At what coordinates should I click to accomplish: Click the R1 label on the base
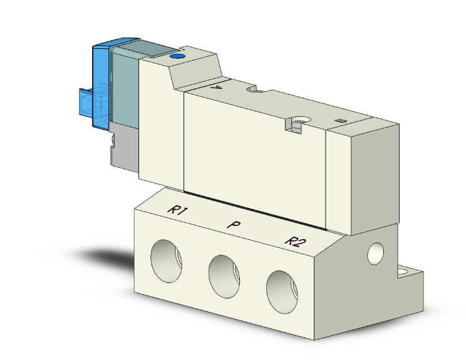coord(178,211)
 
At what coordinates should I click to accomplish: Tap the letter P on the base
coord(232,225)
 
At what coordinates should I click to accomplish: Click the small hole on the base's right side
coord(376,253)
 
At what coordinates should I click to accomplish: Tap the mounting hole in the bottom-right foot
coord(403,272)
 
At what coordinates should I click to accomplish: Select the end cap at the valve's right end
coord(363,172)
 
